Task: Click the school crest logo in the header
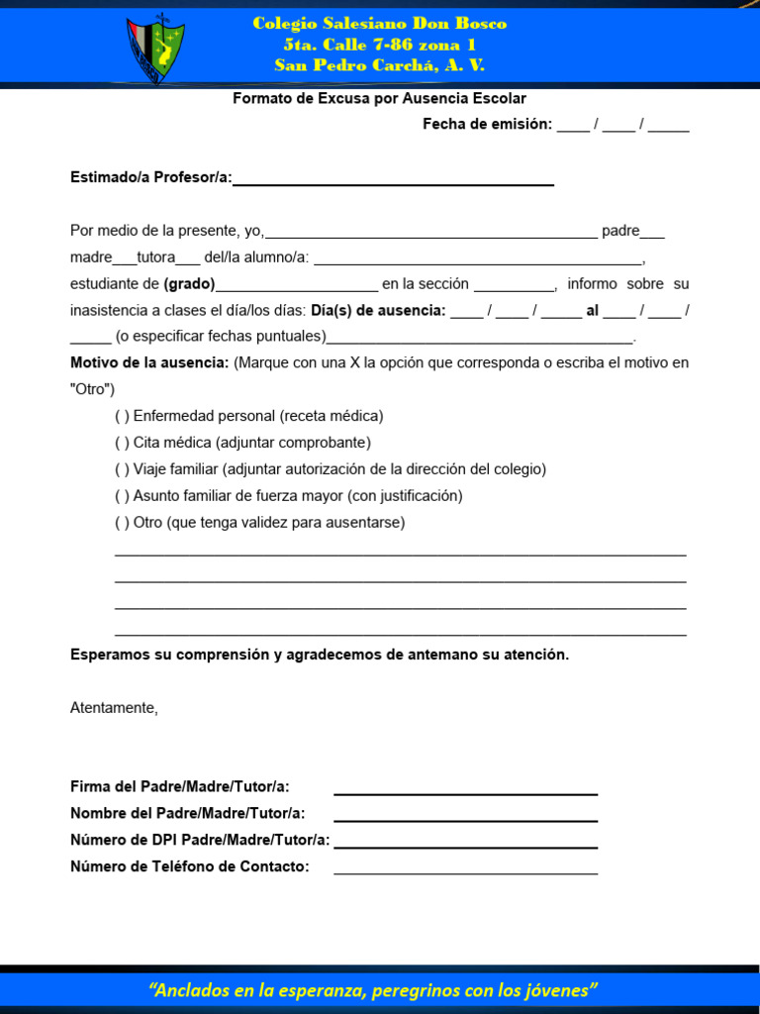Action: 155,49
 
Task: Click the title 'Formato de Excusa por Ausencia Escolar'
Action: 379,99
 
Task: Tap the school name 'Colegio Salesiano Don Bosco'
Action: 380,24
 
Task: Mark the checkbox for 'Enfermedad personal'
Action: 122,417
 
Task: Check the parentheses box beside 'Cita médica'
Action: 122,444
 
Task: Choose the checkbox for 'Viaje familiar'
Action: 122,469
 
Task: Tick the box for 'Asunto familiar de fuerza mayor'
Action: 122,496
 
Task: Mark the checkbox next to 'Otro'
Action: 122,523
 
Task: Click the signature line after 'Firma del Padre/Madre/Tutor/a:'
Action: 465,791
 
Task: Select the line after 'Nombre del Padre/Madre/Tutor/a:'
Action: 465,818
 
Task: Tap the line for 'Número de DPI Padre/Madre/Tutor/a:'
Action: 465,845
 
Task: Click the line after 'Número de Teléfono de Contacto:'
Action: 465,871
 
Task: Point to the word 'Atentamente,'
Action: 114,708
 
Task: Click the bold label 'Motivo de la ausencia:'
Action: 149,363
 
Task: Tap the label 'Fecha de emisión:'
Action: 487,125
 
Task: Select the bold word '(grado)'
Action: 189,284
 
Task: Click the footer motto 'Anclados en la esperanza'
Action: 257,991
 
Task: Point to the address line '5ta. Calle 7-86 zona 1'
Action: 380,45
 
